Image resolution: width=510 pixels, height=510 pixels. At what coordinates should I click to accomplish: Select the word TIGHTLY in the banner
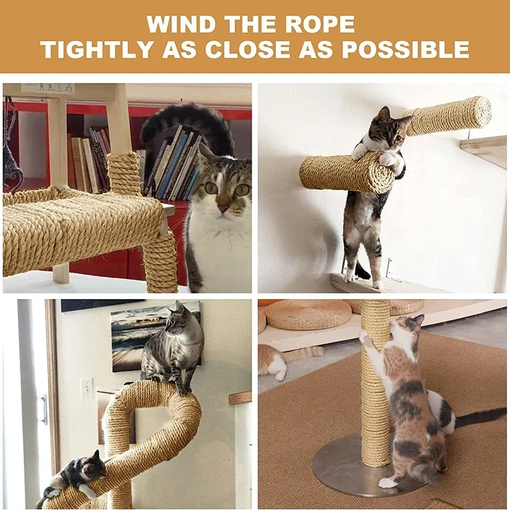click(x=98, y=49)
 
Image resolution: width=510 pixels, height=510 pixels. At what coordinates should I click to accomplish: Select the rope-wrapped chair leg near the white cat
click(x=160, y=261)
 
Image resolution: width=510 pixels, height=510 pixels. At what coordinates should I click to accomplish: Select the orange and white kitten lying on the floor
click(x=280, y=360)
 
